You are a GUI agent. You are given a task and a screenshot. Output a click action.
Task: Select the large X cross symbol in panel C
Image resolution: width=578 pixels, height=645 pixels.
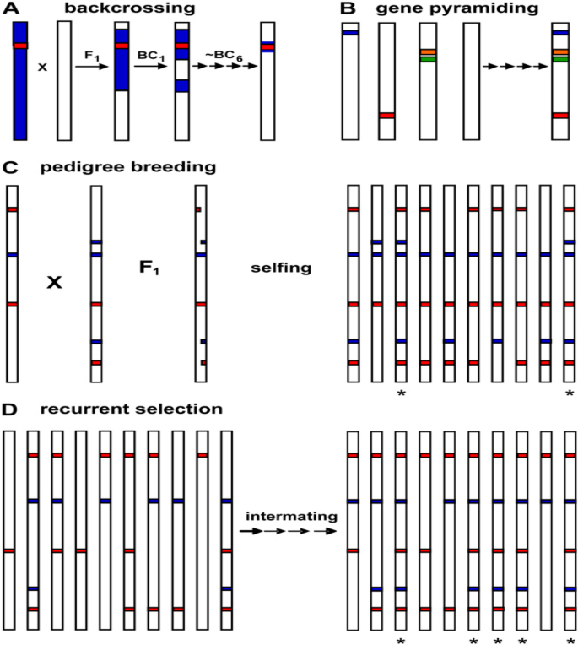(x=54, y=284)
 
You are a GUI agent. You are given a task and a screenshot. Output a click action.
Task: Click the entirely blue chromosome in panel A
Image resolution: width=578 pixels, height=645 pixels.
(x=21, y=81)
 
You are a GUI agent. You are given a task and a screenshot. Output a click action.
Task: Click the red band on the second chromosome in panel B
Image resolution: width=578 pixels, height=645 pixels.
(x=386, y=115)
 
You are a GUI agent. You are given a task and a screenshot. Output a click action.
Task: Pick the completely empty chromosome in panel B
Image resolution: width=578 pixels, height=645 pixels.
(x=472, y=81)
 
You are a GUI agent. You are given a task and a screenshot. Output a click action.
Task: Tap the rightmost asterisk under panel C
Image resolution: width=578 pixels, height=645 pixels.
(x=570, y=393)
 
